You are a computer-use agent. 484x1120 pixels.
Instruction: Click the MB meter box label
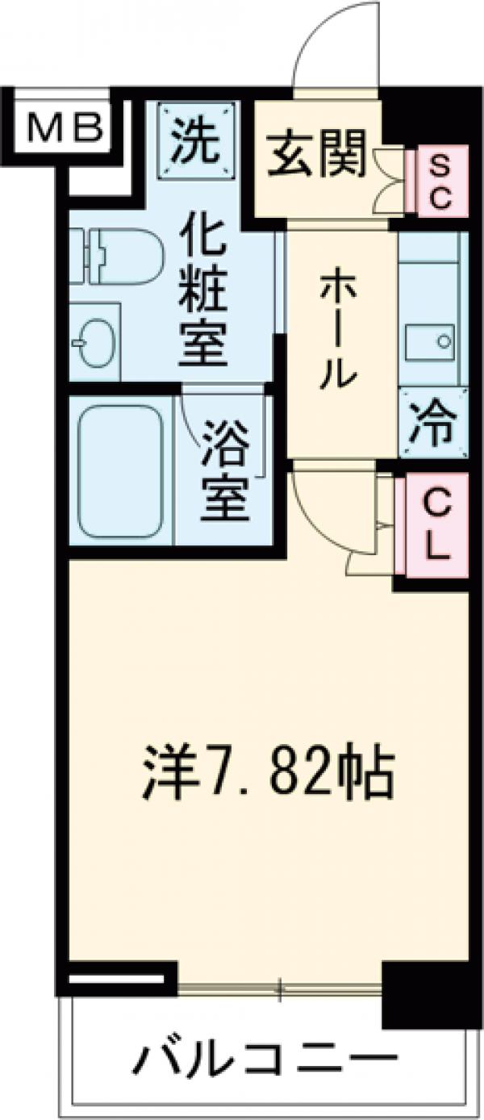click(65, 127)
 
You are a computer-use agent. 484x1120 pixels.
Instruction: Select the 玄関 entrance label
click(317, 156)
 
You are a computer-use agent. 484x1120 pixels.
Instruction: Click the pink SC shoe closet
click(440, 183)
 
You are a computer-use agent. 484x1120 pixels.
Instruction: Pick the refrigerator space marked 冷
click(432, 424)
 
